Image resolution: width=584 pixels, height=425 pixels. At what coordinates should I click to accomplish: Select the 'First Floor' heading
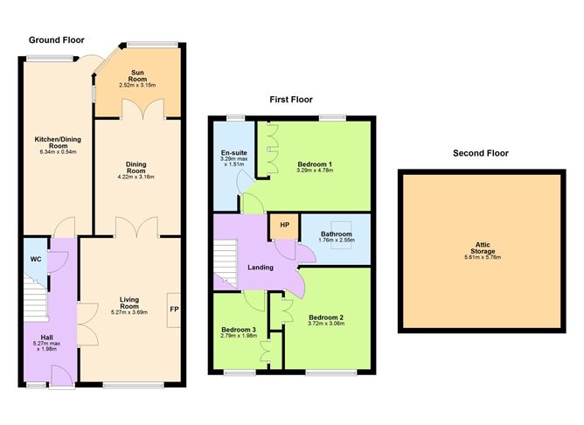(290, 100)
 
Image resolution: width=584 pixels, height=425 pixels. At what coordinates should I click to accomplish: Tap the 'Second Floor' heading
(480, 153)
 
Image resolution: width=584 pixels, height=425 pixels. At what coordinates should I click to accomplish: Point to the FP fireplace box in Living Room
(174, 309)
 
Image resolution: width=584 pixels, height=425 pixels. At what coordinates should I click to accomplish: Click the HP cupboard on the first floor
(282, 225)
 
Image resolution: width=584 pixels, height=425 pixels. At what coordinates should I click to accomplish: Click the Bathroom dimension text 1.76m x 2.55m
(336, 240)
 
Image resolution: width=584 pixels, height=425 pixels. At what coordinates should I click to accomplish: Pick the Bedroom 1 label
(314, 164)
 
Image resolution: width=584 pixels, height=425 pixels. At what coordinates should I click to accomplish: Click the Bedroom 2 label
(325, 317)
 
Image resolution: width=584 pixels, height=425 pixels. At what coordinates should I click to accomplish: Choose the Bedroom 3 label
(237, 330)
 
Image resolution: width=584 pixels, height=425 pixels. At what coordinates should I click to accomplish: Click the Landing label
(261, 268)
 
